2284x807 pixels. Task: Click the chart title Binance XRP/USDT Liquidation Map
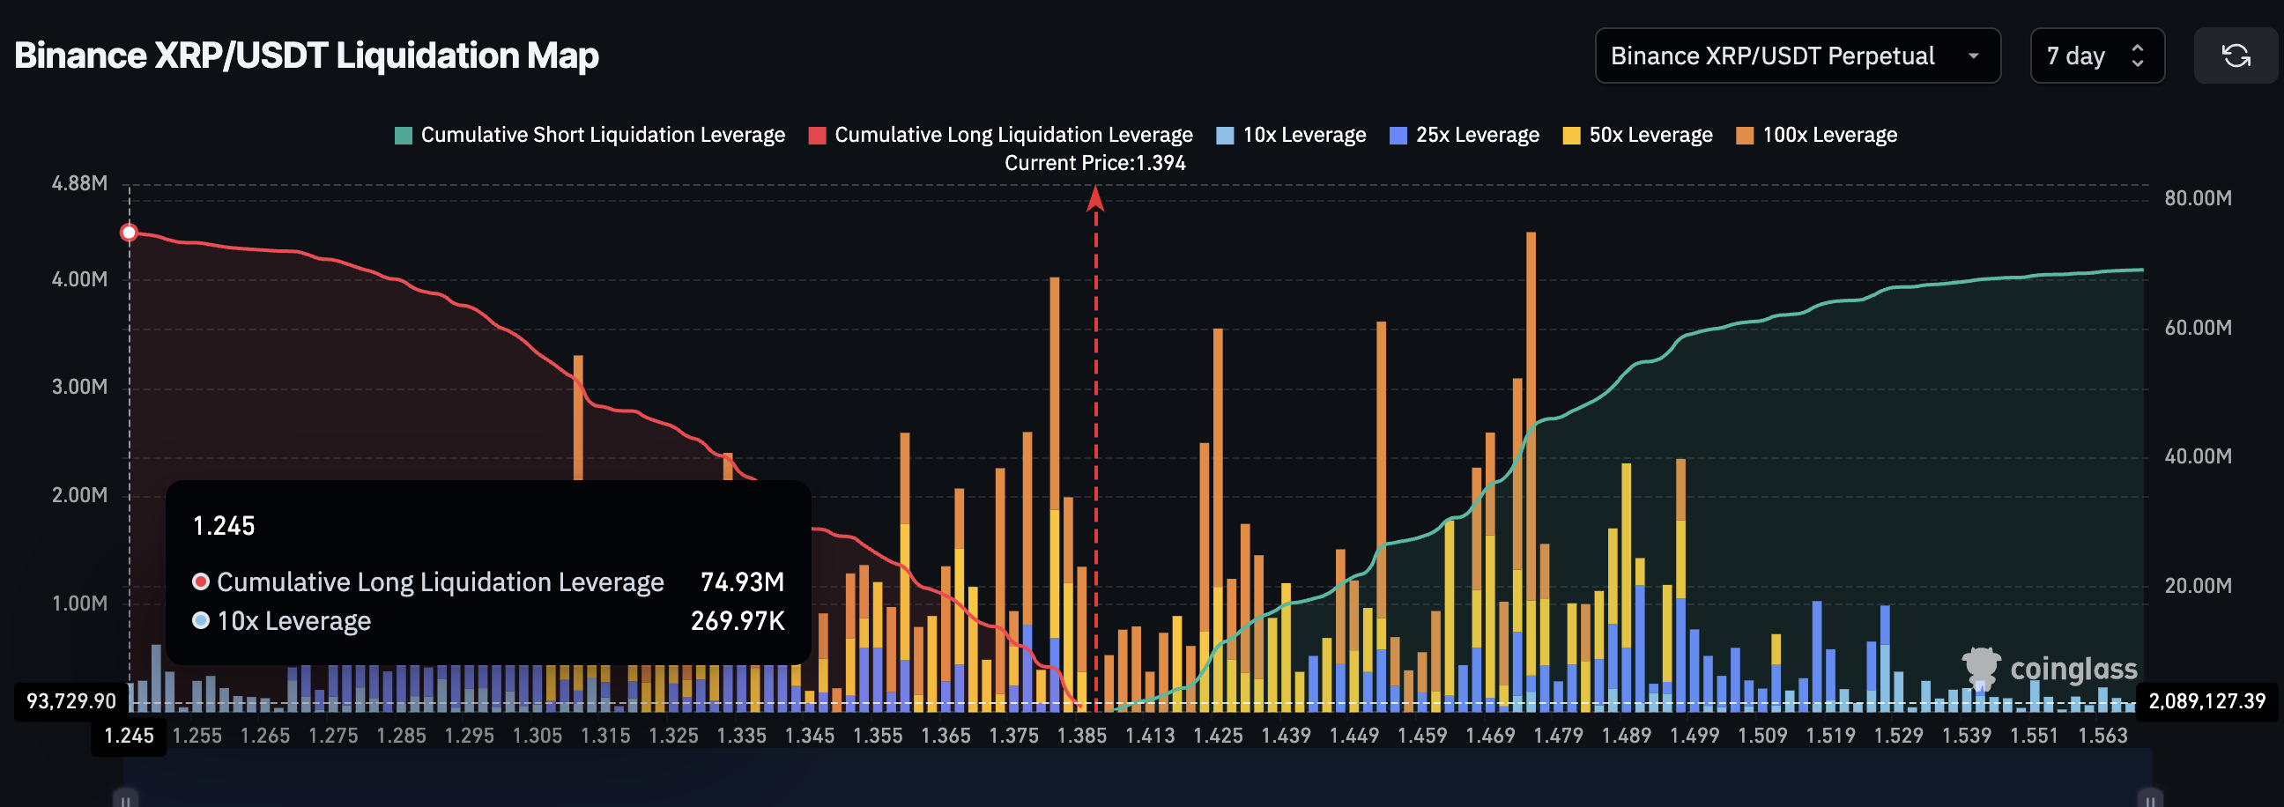306,55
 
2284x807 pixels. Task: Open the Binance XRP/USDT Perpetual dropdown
1797,56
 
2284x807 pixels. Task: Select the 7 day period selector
2096,56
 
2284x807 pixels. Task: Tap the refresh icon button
2236,56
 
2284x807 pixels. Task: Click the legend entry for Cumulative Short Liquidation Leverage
590,135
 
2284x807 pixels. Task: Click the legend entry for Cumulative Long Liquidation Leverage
1001,135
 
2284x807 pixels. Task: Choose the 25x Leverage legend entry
1465,135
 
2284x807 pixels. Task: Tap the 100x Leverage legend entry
1817,135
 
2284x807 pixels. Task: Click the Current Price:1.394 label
1094,163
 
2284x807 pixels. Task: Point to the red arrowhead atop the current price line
1095,198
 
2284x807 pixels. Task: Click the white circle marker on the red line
130,233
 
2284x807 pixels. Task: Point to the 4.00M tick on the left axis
79,279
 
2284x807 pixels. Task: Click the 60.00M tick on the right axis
2197,327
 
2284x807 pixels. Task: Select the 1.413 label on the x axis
1149,735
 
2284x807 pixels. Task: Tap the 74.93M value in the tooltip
741,581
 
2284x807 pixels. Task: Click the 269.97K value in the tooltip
737,621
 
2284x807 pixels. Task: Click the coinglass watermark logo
2049,669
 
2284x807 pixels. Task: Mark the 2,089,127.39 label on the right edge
2206,700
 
